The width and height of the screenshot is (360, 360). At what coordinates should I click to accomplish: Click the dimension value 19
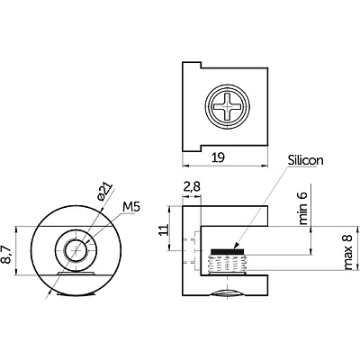click(x=218, y=157)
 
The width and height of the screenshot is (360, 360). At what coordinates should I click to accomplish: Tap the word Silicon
click(x=306, y=160)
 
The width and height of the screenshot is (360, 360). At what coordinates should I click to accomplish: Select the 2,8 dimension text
click(x=192, y=186)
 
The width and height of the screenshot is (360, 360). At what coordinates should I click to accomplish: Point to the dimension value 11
click(x=164, y=230)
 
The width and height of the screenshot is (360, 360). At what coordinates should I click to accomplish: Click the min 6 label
click(x=303, y=208)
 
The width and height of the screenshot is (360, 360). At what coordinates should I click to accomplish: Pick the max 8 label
click(x=347, y=252)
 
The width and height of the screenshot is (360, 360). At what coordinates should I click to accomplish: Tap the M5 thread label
click(x=131, y=207)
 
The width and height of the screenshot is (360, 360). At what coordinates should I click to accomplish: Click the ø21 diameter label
click(x=104, y=191)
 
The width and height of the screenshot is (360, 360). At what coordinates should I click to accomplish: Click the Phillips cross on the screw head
click(x=228, y=106)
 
